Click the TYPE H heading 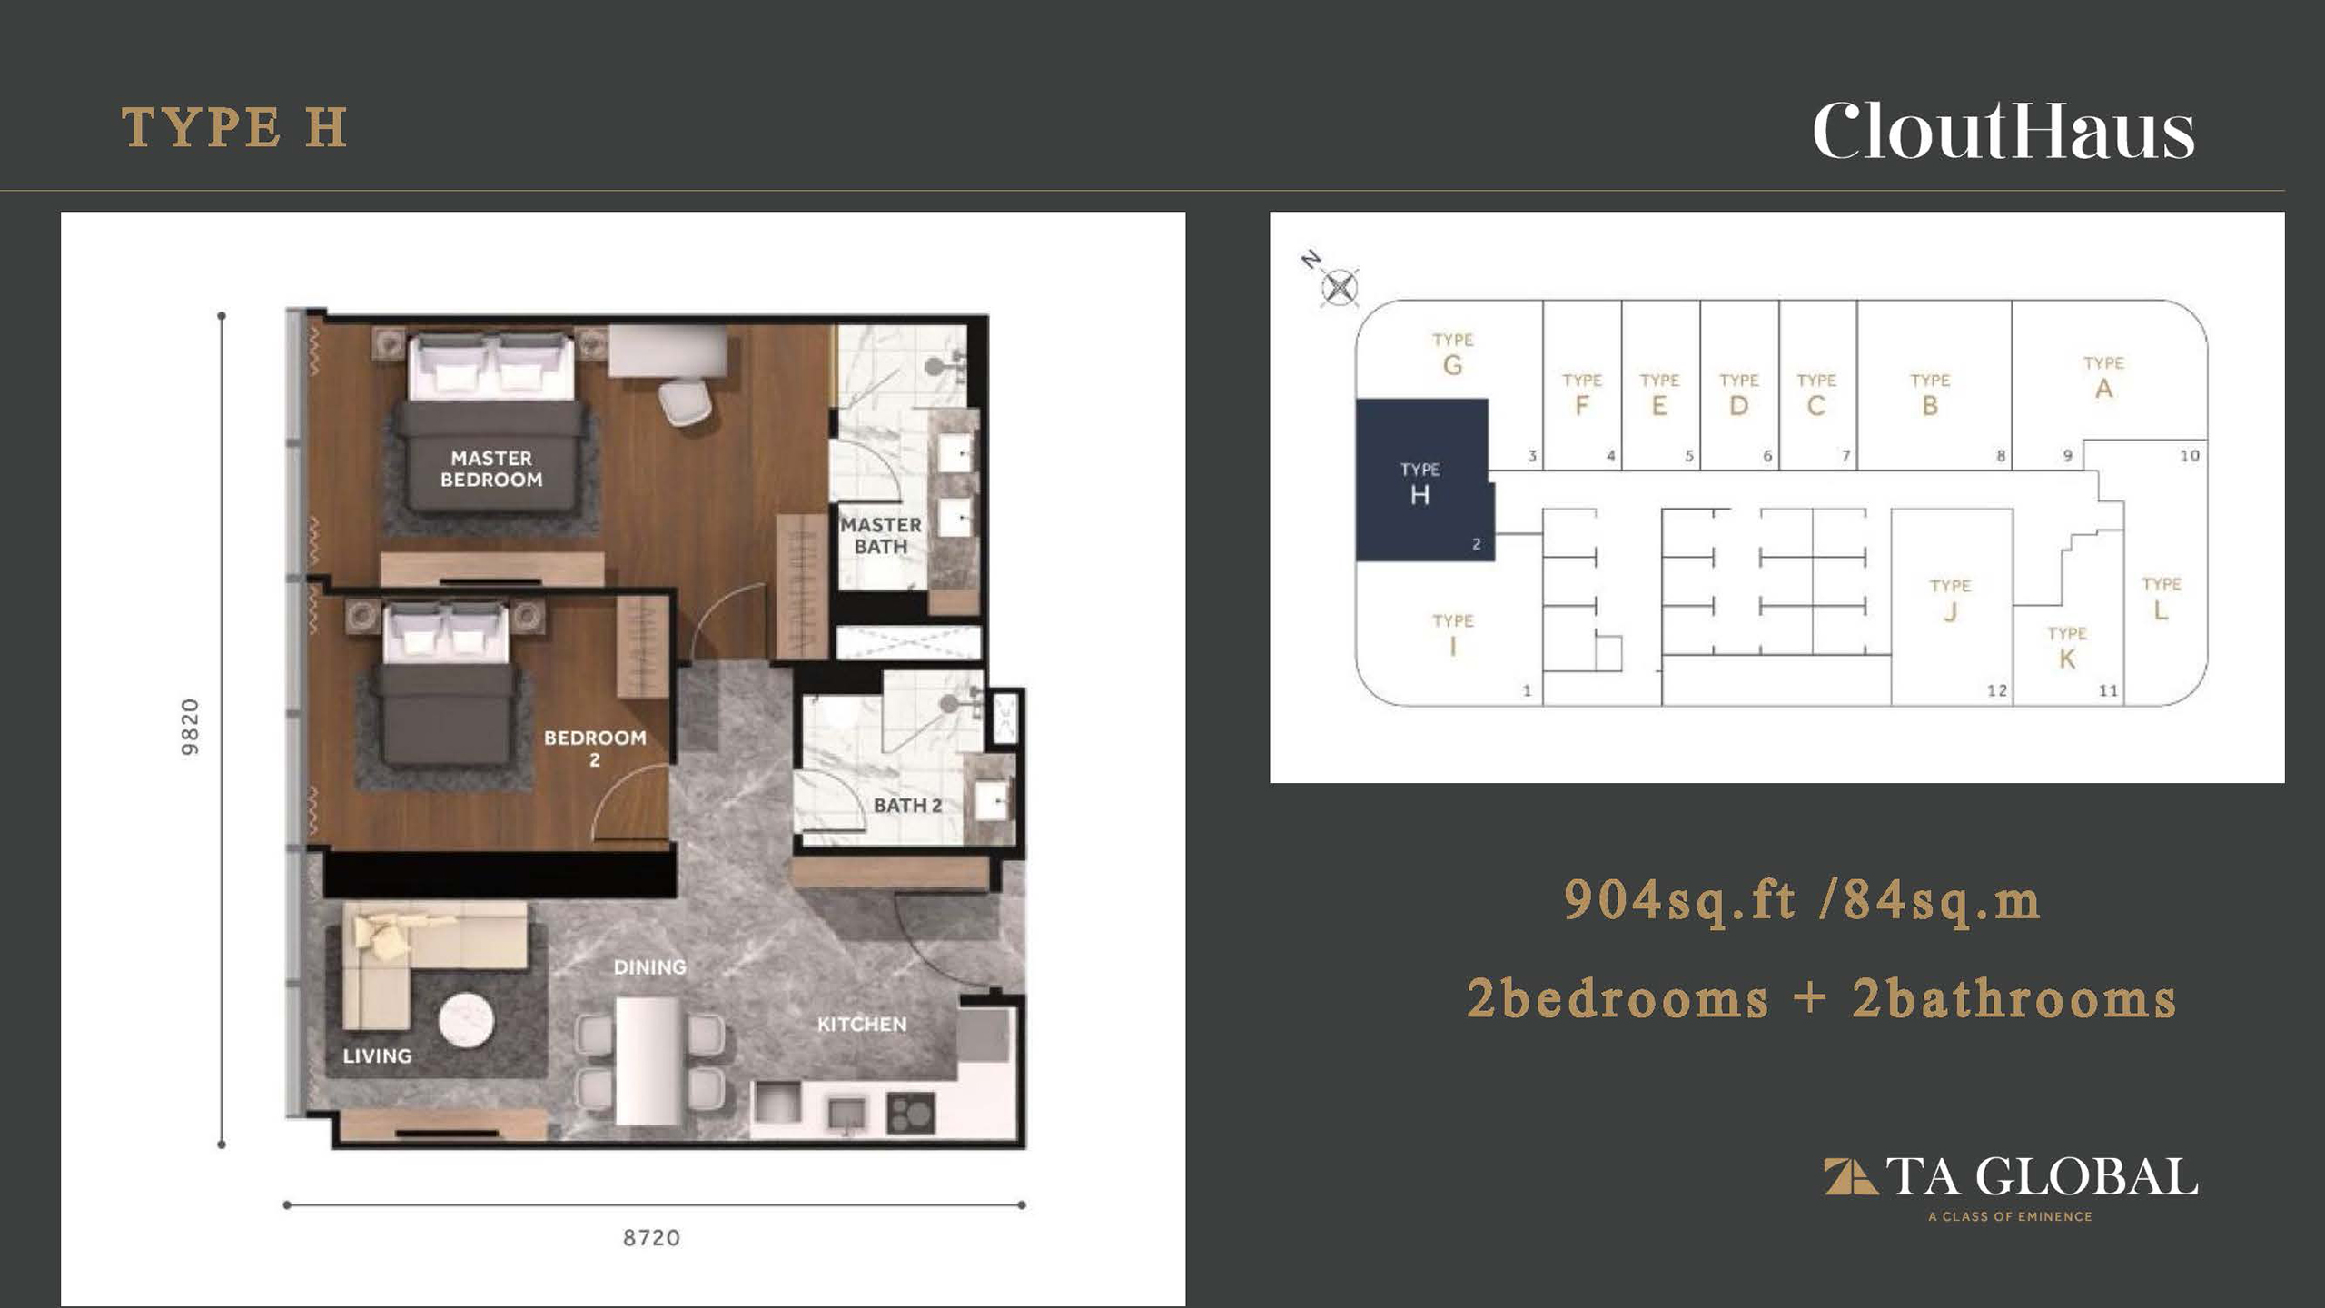(x=234, y=128)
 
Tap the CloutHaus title (x=2003, y=133)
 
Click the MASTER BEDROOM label (x=491, y=469)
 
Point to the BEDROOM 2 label (x=595, y=748)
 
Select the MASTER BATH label (x=880, y=536)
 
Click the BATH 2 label (x=907, y=806)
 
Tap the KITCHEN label (x=862, y=1025)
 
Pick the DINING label (x=650, y=967)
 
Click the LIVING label (x=377, y=1055)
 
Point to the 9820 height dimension (x=190, y=728)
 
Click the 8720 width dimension (x=651, y=1238)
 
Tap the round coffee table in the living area (x=467, y=1021)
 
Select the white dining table (x=648, y=1062)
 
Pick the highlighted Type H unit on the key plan (x=1424, y=480)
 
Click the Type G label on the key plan (x=1453, y=354)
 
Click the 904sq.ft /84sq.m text (x=1802, y=901)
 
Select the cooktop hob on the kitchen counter (x=910, y=1113)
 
